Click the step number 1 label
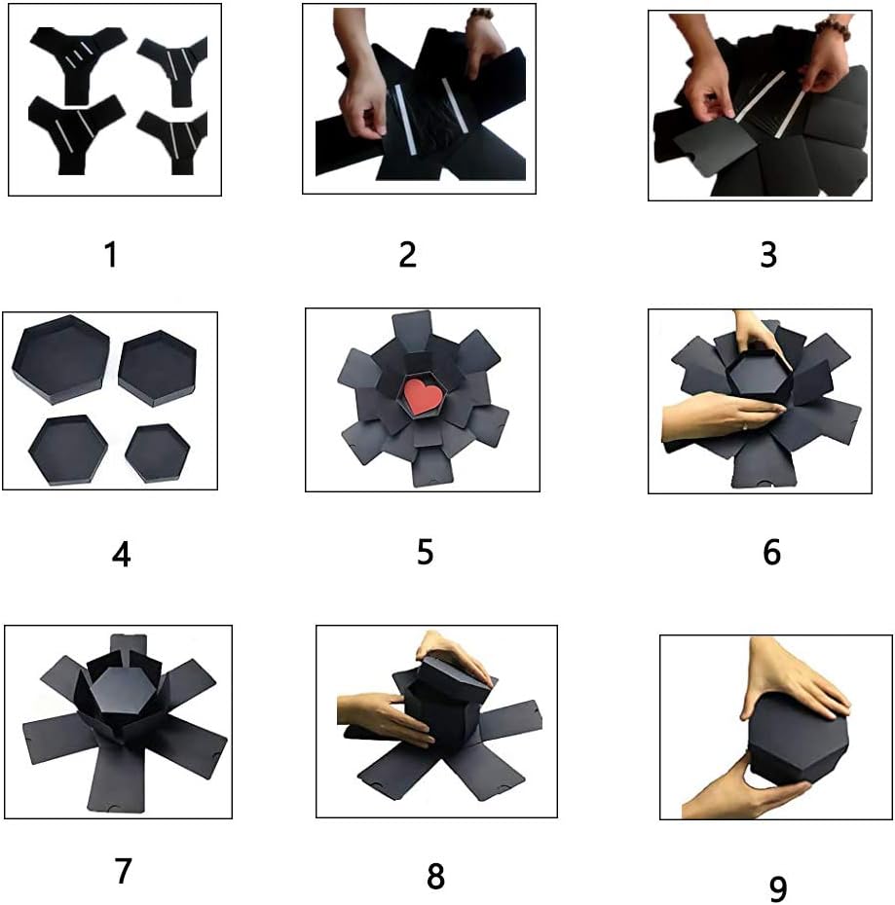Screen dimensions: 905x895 coord(111,255)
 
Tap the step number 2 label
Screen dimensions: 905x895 coord(408,254)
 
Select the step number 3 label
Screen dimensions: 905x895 coord(768,255)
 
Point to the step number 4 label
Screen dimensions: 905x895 coord(121,554)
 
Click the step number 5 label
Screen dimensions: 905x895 coord(425,552)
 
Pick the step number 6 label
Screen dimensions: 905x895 coord(772,553)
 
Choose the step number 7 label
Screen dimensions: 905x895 coord(123,870)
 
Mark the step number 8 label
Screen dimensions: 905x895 coord(435,876)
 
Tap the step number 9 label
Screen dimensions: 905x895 coord(776,887)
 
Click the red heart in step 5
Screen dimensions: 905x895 coord(421,396)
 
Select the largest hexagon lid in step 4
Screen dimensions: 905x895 coord(60,356)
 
